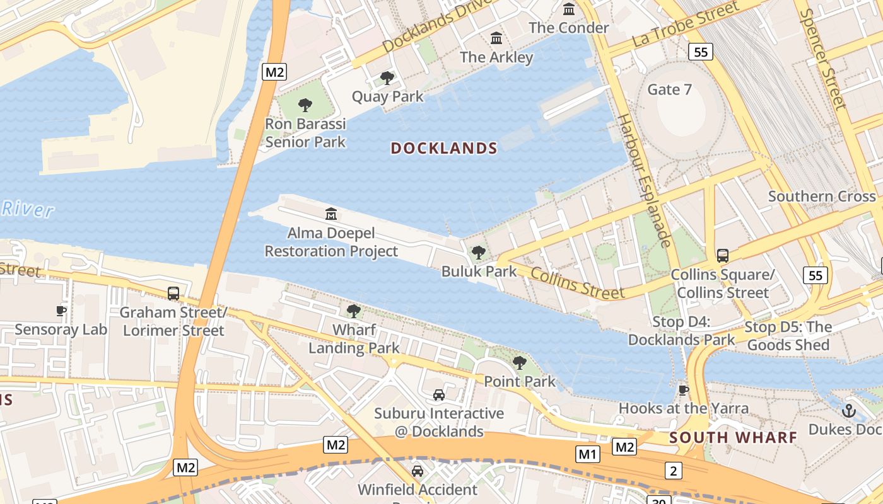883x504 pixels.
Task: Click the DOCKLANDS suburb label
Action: coord(444,149)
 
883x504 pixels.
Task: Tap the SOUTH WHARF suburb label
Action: coord(733,437)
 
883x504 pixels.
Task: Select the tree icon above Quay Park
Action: coord(387,78)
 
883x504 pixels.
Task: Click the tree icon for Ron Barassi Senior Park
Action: coord(305,105)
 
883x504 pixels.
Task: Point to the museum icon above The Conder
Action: coord(569,9)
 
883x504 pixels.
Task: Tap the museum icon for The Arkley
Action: coord(496,38)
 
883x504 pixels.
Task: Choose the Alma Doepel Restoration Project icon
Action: coord(331,214)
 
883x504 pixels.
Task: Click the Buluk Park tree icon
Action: coord(479,253)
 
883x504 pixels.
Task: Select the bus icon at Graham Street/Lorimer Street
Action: coord(173,293)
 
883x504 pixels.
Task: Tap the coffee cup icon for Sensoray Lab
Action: coord(61,311)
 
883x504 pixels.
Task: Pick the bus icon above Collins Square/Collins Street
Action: coord(723,256)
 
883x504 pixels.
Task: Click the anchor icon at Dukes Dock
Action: coord(849,411)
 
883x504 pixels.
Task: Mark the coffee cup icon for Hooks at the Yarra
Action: coord(684,390)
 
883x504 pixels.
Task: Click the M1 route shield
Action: coord(588,454)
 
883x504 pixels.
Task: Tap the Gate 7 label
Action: coord(669,89)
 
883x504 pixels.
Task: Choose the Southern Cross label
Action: coord(822,197)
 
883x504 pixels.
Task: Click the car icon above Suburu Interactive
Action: coord(439,395)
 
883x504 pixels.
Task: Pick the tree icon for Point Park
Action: coord(520,362)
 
